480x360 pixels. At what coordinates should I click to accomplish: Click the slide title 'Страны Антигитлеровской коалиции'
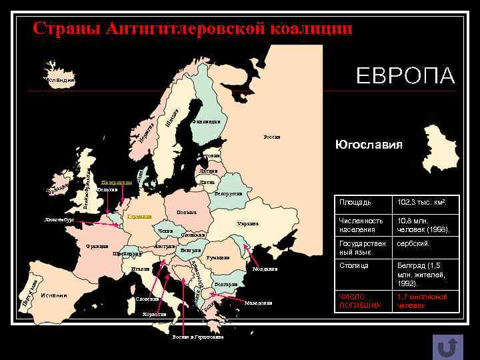(192, 29)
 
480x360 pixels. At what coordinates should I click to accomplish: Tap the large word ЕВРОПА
(405, 75)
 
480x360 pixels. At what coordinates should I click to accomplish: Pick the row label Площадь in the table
(355, 202)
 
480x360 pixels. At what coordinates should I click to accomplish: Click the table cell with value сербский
(413, 244)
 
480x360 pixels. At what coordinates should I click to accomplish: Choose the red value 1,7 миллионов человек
(422, 301)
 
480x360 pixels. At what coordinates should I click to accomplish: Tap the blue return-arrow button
(448, 347)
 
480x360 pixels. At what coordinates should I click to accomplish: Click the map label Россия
(272, 137)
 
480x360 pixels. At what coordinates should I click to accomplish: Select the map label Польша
(186, 213)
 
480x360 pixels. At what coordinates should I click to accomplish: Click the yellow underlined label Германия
(140, 216)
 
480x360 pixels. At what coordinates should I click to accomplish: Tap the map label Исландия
(61, 81)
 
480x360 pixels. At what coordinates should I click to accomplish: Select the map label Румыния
(218, 258)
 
